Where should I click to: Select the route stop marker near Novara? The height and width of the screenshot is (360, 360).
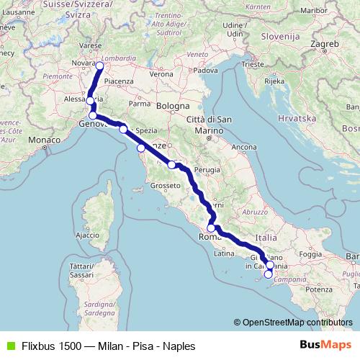99,66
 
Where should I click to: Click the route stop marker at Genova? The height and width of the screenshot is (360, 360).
93,115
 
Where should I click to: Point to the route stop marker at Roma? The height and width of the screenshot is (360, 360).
211,228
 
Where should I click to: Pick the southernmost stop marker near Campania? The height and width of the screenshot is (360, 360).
269,274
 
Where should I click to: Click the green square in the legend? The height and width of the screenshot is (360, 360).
9,346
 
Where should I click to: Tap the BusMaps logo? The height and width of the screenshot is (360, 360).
327,346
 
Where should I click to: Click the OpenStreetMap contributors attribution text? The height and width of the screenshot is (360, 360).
293,323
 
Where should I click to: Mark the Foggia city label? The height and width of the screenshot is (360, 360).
310,253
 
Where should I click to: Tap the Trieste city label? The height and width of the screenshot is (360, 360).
253,64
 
